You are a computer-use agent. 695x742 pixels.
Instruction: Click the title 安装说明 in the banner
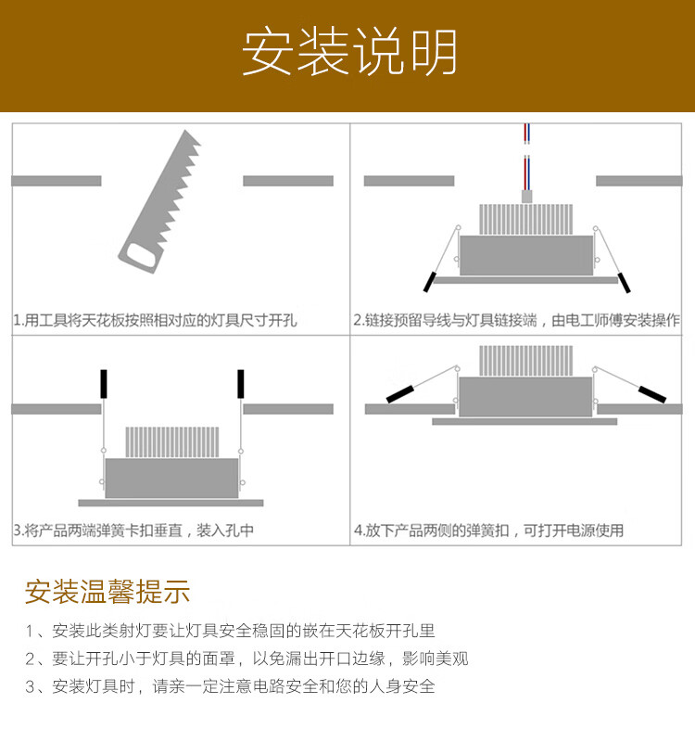tap(349, 53)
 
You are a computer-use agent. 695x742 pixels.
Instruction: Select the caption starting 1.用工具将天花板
tap(155, 321)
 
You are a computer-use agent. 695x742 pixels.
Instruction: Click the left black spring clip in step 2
tap(430, 280)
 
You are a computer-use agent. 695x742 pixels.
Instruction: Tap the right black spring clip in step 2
tap(626, 280)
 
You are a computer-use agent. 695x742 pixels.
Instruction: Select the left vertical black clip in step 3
tap(104, 384)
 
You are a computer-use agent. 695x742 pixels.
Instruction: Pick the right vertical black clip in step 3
tap(240, 384)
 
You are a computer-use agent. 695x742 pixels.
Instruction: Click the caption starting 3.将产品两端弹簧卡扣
tap(133, 531)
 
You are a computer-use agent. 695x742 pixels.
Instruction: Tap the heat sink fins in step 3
tap(172, 442)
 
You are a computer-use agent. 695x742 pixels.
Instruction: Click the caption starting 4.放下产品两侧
tap(488, 531)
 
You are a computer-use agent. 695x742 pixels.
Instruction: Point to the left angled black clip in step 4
tap(401, 392)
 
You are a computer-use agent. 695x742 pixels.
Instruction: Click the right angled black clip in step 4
tap(652, 392)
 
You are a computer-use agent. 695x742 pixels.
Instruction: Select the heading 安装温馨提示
tap(107, 591)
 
